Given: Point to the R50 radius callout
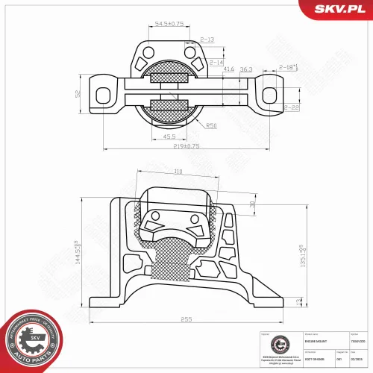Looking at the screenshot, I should click(211, 125).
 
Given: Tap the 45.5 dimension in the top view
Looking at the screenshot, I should click(169, 137).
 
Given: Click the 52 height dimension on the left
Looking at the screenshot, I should click(76, 93).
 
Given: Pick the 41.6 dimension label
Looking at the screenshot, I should click(229, 69).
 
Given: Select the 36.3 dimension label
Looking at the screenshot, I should click(245, 69).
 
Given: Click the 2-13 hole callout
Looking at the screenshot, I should click(207, 39).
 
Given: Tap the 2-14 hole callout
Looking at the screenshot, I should click(216, 62).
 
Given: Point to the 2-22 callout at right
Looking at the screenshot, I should click(291, 108).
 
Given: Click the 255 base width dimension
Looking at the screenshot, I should click(186, 319).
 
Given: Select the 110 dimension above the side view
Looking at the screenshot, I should click(178, 172).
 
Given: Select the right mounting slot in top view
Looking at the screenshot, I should click(267, 93).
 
